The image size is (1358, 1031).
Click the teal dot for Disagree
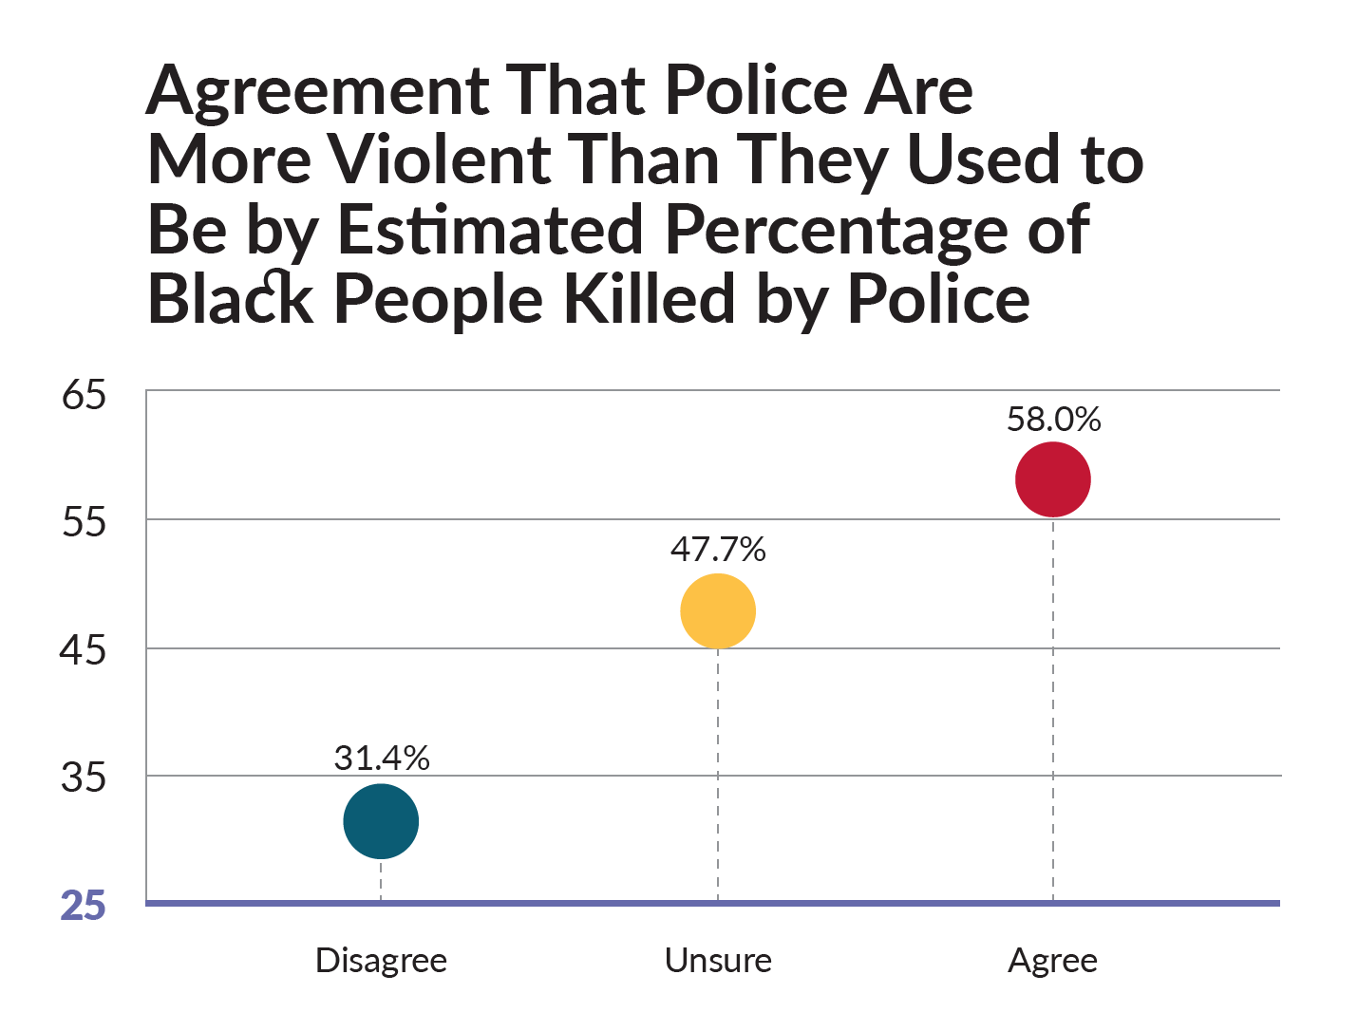pos(381,821)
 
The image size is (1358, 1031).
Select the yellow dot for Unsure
pos(718,611)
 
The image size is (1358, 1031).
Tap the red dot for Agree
pos(1053,479)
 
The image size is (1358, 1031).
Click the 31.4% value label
pos(382,758)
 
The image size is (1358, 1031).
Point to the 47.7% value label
pos(718,549)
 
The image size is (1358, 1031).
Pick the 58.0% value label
pos(1053,419)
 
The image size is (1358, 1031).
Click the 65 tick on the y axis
pos(84,394)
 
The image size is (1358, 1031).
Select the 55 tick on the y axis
pos(84,522)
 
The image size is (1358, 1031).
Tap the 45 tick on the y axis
pos(84,650)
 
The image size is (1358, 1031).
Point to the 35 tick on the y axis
pos(84,778)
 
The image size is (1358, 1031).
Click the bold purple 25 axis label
pos(84,906)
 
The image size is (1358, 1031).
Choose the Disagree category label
pos(381,961)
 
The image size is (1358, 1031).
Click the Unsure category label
pos(718,961)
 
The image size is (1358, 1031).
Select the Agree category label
pos(1052,961)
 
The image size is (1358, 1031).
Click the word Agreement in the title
pos(318,92)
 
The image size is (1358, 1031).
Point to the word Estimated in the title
pos(490,231)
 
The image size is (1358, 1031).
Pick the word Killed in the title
pos(651,299)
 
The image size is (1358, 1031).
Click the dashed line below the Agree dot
pos(1053,712)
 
